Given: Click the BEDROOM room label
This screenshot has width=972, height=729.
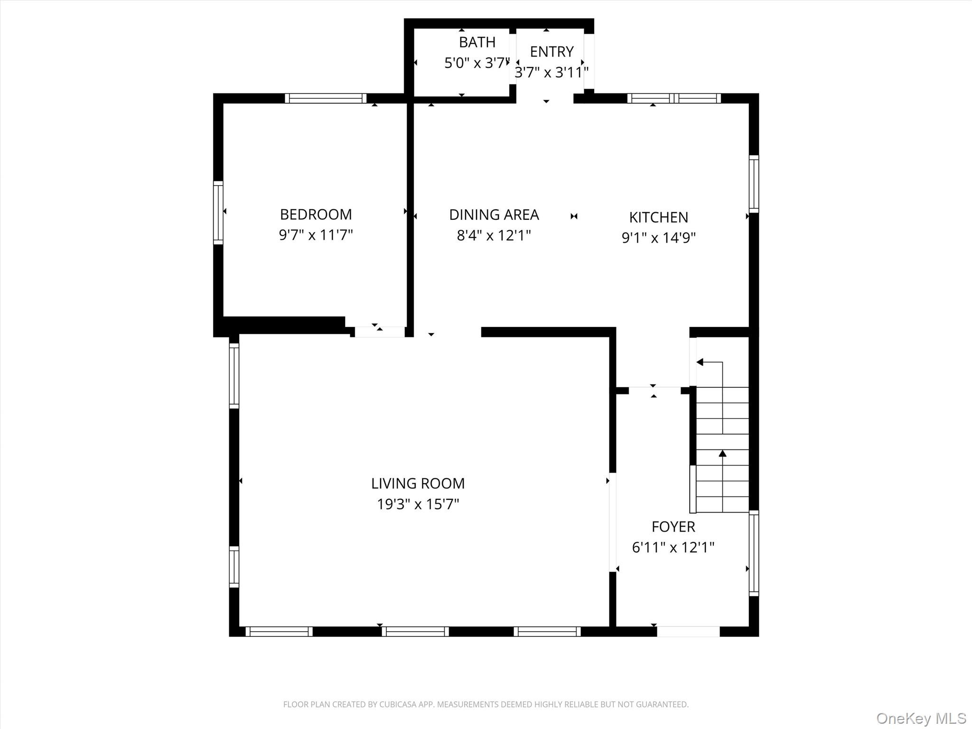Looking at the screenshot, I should coord(316,215).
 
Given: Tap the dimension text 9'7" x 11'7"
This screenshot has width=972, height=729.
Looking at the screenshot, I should coord(316,235).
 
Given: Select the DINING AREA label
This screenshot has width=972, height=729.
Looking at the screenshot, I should coord(494,215).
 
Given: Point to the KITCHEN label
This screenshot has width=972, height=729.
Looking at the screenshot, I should coord(658,217).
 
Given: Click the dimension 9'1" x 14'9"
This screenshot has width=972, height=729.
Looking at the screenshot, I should coord(658,238).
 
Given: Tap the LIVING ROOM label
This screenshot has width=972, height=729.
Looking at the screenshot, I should coord(418,484).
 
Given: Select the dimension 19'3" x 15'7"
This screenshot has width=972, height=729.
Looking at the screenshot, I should coord(418,504).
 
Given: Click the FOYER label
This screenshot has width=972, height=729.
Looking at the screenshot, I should coord(673,527).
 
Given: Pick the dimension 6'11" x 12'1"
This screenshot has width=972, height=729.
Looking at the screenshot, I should coord(673,548).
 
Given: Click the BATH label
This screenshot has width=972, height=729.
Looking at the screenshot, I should coord(477,42).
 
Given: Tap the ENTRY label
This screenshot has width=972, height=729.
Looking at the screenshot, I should coord(551,51).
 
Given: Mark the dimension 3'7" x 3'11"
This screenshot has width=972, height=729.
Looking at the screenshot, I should coord(551,73).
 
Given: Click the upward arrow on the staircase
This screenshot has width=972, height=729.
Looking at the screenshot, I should coord(722,454).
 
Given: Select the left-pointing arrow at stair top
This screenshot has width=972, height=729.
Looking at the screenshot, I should coord(700,363).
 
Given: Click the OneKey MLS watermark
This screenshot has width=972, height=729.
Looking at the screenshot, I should coord(921,718).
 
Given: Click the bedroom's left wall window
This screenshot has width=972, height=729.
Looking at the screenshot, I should coord(218,213).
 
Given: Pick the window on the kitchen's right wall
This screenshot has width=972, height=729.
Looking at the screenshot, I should coord(754,184).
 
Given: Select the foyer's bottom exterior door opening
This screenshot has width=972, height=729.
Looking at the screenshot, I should coord(688,632).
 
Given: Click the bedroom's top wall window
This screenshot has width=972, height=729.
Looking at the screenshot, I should coord(326,98).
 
